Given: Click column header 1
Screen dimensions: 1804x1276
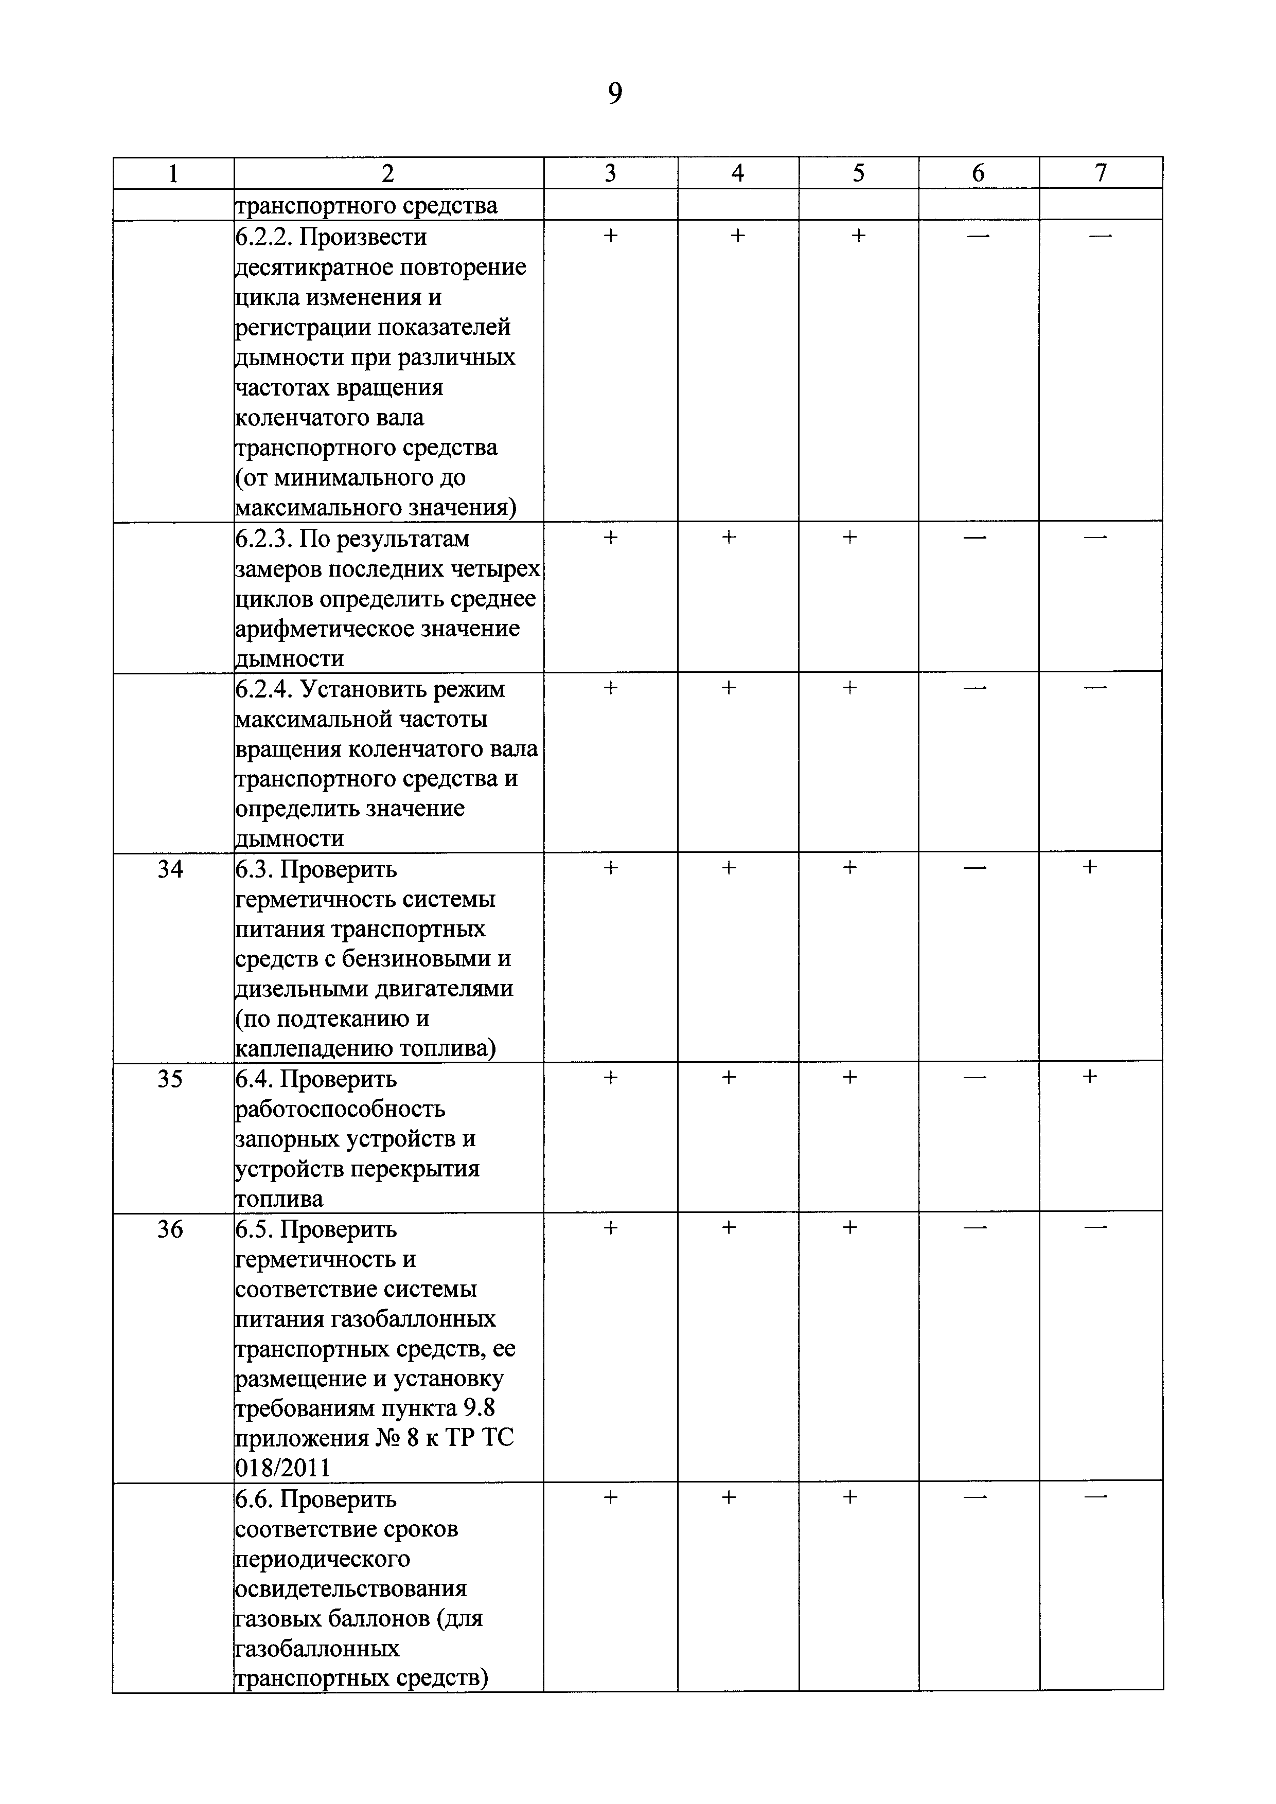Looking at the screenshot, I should coord(173,174).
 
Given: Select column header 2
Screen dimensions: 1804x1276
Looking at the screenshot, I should coord(387,174).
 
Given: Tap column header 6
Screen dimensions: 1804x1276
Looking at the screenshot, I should coord(978,173).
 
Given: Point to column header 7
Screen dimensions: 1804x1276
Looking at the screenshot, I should coord(1101,173).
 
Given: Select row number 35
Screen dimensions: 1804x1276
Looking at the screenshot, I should coord(170,1079).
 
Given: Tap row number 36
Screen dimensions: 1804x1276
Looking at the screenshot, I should coord(170,1229).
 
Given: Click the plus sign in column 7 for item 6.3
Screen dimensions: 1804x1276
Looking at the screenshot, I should coord(1090,867).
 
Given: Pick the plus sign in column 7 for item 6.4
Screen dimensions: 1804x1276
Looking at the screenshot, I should coord(1090,1077).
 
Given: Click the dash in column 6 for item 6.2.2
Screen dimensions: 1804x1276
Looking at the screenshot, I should coord(978,236).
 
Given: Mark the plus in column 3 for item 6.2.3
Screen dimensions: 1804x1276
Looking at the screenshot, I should coord(610,538).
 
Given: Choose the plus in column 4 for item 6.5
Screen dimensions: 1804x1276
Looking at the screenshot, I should coord(729,1227).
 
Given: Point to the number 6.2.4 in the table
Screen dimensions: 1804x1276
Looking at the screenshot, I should coord(264,689).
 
